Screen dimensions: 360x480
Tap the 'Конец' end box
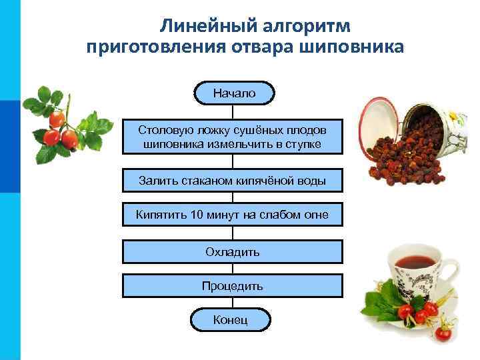click(x=231, y=321)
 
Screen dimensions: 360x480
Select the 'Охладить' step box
click(x=233, y=252)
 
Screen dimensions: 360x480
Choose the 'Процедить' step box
click(x=233, y=286)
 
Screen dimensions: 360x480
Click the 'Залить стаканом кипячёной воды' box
click(x=233, y=180)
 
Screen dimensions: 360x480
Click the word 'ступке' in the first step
click(x=304, y=144)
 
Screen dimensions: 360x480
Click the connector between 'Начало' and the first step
click(x=233, y=111)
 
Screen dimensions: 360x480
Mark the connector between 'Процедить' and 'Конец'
click(x=233, y=303)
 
